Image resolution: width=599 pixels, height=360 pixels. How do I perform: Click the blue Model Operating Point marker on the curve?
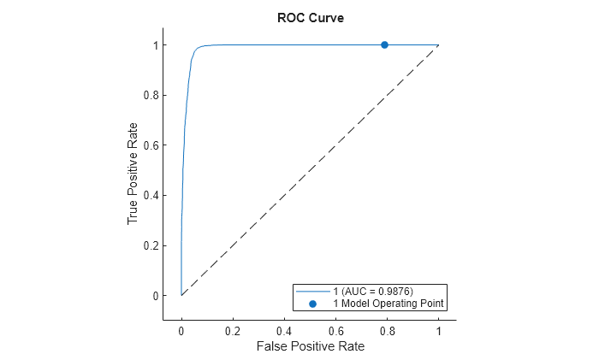[x=384, y=44]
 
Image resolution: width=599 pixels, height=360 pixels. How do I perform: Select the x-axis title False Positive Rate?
[x=310, y=346]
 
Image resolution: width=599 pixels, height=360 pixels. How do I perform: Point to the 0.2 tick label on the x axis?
[x=233, y=330]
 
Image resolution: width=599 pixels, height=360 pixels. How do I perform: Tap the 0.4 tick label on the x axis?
[x=284, y=330]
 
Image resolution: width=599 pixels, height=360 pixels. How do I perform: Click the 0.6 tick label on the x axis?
[x=335, y=330]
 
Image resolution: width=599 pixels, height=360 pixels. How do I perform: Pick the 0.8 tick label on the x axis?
[x=387, y=330]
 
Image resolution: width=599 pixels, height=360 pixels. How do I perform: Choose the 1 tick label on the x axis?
[x=439, y=330]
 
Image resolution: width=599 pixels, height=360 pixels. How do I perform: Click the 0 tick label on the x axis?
[x=181, y=330]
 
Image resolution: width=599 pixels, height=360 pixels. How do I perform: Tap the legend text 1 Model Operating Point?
[x=388, y=304]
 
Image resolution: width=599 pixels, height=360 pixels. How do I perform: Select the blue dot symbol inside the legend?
[x=312, y=304]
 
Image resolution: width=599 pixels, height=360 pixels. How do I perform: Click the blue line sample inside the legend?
[x=312, y=292]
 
